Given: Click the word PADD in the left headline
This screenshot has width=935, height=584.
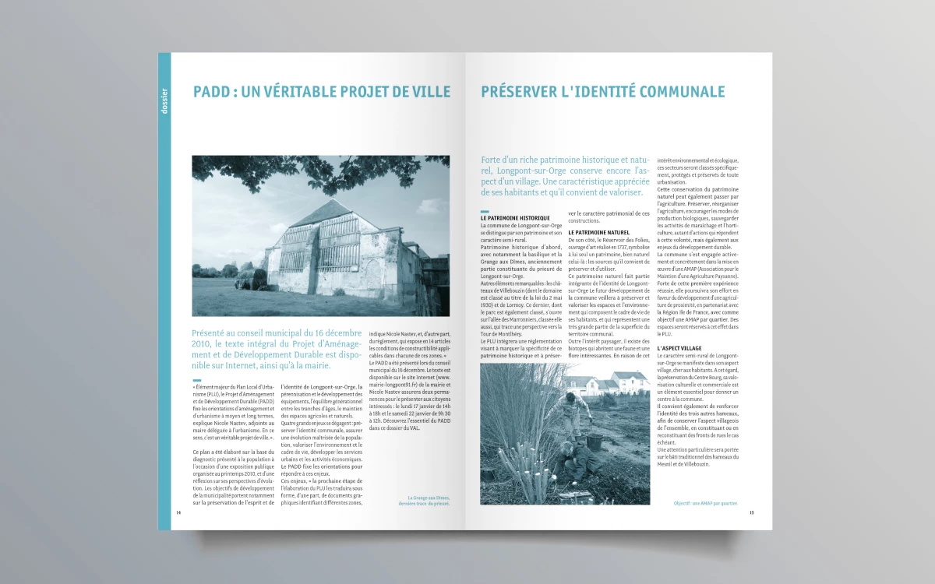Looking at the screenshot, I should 211,92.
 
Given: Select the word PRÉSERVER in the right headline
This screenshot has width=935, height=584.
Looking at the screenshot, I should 517,92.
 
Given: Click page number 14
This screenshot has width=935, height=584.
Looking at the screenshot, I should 178,512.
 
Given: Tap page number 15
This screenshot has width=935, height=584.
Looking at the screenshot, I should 751,512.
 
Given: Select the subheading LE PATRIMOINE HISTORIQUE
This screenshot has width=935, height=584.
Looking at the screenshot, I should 515,218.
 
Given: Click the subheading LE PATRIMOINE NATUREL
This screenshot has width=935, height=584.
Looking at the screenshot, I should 598,232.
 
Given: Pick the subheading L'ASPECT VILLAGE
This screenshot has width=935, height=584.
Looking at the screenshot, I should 679,348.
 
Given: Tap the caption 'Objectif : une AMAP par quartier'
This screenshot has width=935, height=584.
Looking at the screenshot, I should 705,503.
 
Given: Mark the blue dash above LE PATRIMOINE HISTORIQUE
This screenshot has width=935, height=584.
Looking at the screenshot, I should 484,212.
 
